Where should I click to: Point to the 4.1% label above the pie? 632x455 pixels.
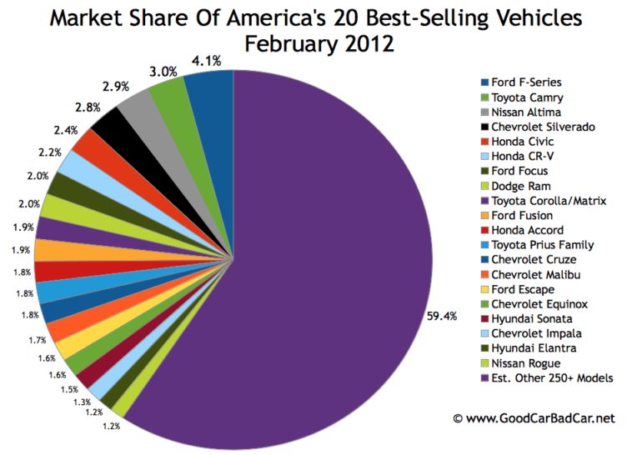pyautogui.click(x=205, y=59)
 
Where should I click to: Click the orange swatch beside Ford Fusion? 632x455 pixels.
pyautogui.click(x=484, y=215)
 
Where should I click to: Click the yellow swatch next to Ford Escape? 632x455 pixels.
pyautogui.click(x=484, y=289)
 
